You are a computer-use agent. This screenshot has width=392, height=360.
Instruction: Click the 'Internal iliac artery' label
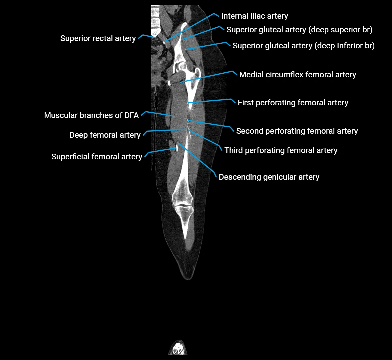point(254,16)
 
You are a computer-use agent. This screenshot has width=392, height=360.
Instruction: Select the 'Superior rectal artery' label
point(98,38)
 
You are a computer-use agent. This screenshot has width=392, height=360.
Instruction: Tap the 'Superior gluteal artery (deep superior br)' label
point(299,30)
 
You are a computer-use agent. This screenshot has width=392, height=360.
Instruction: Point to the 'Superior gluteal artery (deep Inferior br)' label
point(303,46)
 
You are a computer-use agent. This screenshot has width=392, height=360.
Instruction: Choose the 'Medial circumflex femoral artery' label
point(297,75)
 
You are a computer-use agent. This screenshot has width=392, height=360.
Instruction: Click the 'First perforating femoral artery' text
point(293,103)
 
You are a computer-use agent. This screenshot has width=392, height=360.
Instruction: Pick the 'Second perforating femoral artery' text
point(297,131)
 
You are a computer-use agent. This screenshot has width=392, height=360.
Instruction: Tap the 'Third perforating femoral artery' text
point(281,150)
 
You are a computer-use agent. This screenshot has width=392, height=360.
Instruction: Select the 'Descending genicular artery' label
point(269,177)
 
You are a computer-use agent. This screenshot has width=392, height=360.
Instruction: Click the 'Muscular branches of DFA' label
point(91,115)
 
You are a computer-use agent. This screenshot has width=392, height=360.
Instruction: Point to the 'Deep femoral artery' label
point(105,135)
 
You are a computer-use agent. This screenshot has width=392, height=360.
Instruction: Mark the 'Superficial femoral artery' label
point(97,157)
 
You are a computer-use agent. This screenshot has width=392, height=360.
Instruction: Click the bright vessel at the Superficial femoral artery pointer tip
point(177,148)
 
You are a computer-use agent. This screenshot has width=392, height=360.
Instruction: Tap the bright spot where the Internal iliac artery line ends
point(165,42)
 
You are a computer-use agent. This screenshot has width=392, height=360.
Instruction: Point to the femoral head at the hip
point(182,66)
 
